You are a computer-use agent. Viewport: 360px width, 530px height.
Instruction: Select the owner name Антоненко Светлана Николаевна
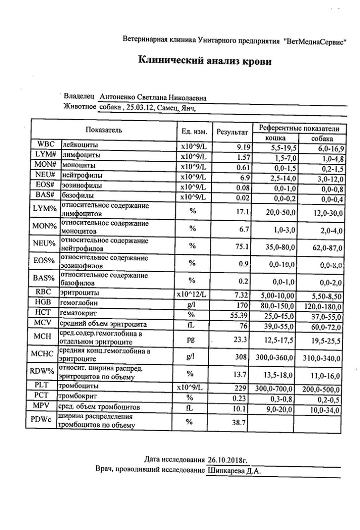coord(153,97)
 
